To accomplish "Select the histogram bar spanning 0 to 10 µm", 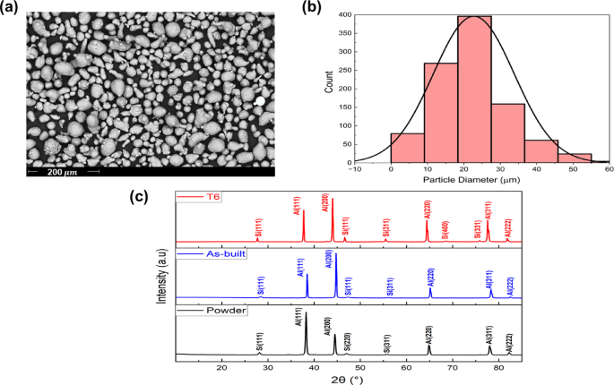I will (407, 149).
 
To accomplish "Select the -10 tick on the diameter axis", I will (356, 170).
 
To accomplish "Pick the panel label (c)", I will (139, 196).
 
